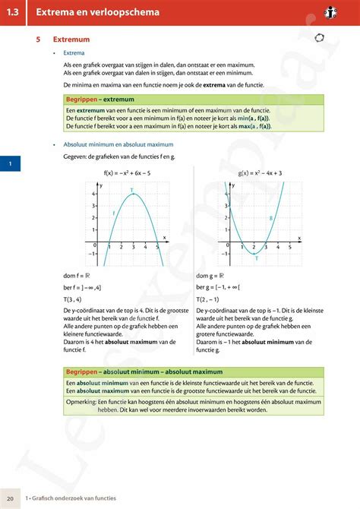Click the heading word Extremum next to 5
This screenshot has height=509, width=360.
point(71,40)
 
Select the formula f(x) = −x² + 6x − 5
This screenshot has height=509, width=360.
point(127,173)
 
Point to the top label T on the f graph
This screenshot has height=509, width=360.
point(131,190)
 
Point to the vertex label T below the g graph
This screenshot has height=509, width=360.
point(256,259)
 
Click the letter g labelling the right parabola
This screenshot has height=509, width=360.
point(270,219)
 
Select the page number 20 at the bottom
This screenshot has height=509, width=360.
point(10,497)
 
